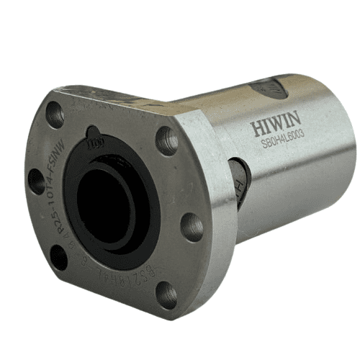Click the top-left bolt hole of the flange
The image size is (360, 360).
pyautogui.click(x=55, y=112)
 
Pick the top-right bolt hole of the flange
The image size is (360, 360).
pyautogui.click(x=167, y=139)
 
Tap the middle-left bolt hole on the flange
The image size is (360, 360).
pyautogui.click(x=35, y=181)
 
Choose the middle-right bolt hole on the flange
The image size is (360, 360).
pyautogui.click(x=192, y=226)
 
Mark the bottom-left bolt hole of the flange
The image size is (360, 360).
pyautogui.click(x=59, y=256)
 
